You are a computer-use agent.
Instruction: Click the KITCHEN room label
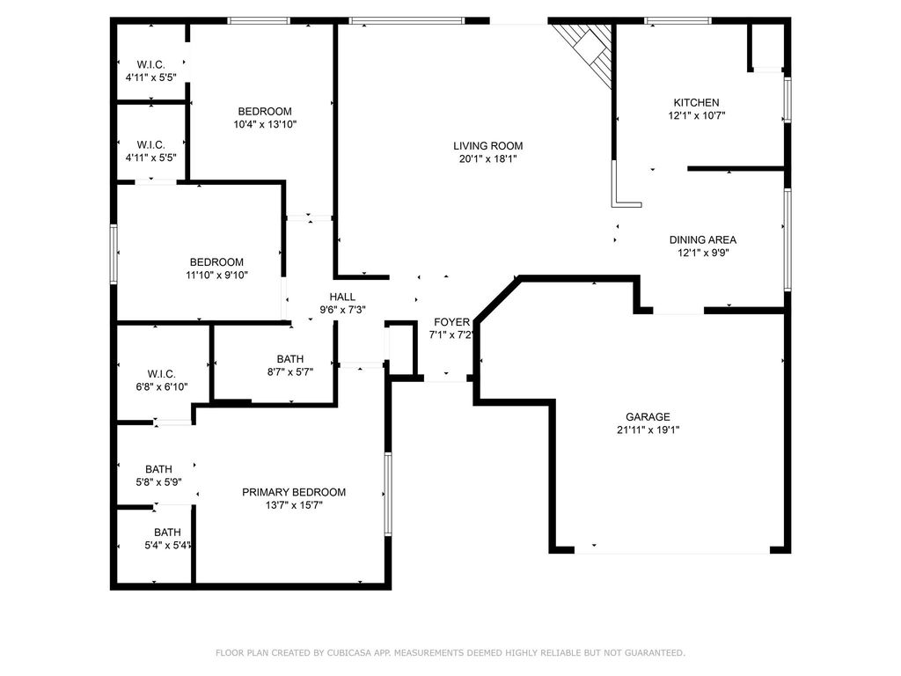click(x=697, y=102)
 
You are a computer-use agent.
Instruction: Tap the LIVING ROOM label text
click(x=487, y=146)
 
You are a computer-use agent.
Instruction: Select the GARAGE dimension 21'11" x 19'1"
click(x=648, y=430)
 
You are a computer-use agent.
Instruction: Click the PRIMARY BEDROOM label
click(x=294, y=492)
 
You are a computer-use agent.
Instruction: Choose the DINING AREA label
click(x=703, y=239)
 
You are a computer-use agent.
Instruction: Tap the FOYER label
click(x=451, y=322)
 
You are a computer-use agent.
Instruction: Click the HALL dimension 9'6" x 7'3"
click(x=342, y=309)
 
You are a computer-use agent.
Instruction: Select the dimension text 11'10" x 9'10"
click(x=216, y=275)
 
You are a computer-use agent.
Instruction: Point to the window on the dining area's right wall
click(x=787, y=239)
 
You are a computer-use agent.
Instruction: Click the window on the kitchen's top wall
click(x=678, y=21)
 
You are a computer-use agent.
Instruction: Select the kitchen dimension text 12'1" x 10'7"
click(x=697, y=115)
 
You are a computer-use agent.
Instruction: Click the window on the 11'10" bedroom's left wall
click(x=114, y=253)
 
